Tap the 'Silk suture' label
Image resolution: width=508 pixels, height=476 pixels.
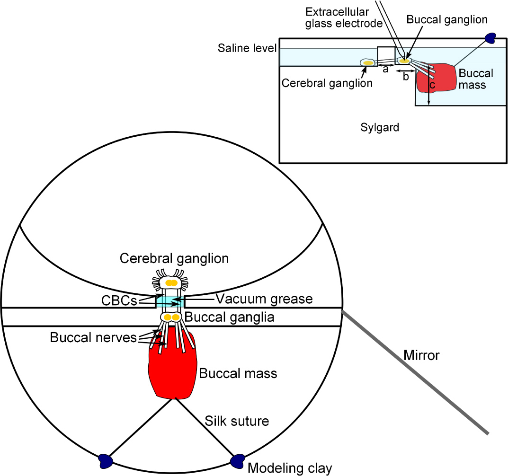[x=237, y=420]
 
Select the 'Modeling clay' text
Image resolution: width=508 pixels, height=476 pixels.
[x=290, y=468]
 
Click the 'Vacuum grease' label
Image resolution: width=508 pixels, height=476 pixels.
[x=264, y=299]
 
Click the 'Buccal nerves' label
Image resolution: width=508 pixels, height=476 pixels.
[x=93, y=337]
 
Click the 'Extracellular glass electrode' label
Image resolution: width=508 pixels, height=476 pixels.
[x=344, y=17]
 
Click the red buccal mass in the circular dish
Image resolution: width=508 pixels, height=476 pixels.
[x=172, y=369]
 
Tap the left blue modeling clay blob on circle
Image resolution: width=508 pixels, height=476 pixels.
[x=105, y=459]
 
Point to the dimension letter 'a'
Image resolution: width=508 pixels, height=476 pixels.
[x=385, y=70]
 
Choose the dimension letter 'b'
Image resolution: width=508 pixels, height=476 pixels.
[x=405, y=77]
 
